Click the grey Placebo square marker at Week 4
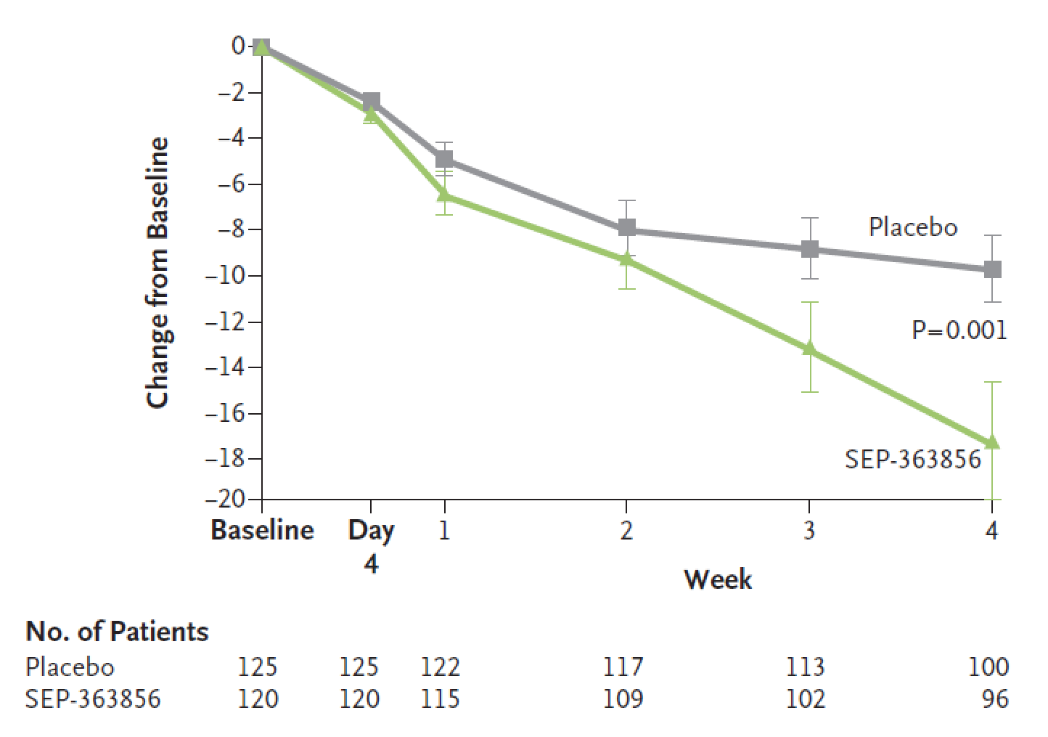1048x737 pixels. pyautogui.click(x=992, y=269)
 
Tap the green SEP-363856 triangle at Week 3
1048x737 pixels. pyautogui.click(x=809, y=349)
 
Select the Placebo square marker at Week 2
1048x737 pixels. pyautogui.click(x=626, y=228)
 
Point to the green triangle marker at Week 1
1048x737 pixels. pyautogui.click(x=444, y=195)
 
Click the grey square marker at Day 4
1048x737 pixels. pyautogui.click(x=371, y=101)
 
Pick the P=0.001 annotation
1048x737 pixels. pyautogui.click(x=959, y=331)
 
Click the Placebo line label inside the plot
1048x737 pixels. pyautogui.click(x=912, y=227)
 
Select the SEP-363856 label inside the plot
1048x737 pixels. pyautogui.click(x=912, y=459)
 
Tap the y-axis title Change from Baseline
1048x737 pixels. pyautogui.click(x=157, y=272)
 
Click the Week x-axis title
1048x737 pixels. pyautogui.click(x=717, y=579)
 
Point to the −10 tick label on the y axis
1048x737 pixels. pyautogui.click(x=227, y=276)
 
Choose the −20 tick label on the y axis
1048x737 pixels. pyautogui.click(x=227, y=499)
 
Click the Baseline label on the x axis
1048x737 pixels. pyautogui.click(x=262, y=530)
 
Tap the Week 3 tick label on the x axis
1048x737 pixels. pyautogui.click(x=809, y=531)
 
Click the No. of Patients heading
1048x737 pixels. pyautogui.click(x=117, y=632)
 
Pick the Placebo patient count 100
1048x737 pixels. pyautogui.click(x=988, y=667)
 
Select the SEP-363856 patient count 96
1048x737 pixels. pyautogui.click(x=994, y=699)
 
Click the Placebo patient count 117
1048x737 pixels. pyautogui.click(x=623, y=667)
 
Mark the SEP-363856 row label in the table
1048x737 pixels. pyautogui.click(x=93, y=699)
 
